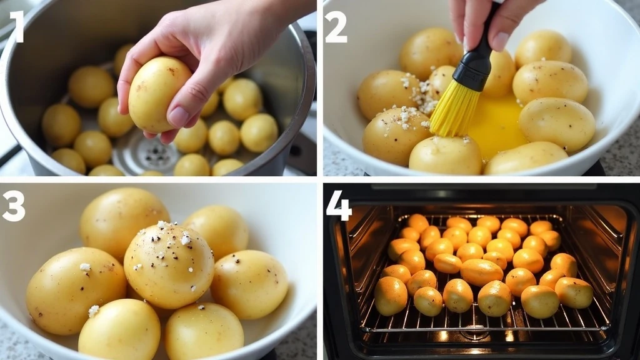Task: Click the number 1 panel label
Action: (x=17, y=27)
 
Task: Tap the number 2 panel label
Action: (x=336, y=27)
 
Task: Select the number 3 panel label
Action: (x=13, y=206)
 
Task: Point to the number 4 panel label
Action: (x=338, y=206)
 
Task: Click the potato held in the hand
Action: (x=159, y=94)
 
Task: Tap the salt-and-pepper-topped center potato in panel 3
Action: (x=169, y=265)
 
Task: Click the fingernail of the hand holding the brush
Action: (x=501, y=41)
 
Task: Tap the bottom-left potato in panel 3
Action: (x=119, y=330)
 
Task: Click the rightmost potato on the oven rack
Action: (x=574, y=292)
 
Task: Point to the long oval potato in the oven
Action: (x=482, y=272)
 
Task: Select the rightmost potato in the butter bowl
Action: (x=557, y=124)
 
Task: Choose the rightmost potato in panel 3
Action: (x=249, y=284)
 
